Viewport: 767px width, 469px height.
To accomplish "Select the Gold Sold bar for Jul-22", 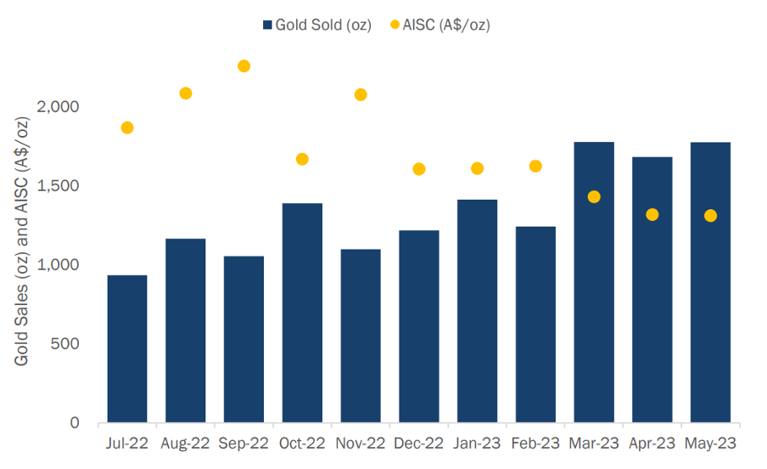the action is click(127, 348).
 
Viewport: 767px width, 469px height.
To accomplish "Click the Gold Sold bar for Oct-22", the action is click(302, 313).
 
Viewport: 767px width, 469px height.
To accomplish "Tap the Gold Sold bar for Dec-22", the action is click(419, 326).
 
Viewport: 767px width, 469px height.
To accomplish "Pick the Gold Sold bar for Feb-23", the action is click(535, 325).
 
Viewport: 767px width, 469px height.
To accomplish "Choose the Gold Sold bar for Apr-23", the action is click(652, 290).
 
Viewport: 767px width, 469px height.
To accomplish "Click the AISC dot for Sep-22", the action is click(244, 66).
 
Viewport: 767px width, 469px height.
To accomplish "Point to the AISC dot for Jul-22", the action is click(127, 128).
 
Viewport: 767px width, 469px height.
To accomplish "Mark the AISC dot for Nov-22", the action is click(361, 94).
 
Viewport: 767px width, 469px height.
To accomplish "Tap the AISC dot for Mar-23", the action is click(594, 197).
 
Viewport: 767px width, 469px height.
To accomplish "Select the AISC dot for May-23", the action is click(710, 216).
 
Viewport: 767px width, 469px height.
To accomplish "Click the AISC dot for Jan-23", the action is click(478, 168).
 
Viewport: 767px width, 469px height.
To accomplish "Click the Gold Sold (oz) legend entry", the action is click(317, 25).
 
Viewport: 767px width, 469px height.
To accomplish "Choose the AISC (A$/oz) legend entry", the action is click(440, 25).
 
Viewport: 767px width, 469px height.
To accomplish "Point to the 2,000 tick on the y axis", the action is click(58, 106).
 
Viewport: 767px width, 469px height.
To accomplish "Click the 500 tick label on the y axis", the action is click(64, 343).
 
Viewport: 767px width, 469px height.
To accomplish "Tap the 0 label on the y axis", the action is click(75, 422).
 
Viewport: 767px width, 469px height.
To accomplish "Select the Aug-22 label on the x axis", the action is click(185, 444).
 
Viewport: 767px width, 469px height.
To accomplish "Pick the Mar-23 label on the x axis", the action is click(594, 444).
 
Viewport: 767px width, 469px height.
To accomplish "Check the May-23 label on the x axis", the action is click(710, 444).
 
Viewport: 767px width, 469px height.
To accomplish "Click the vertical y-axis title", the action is click(21, 241).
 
